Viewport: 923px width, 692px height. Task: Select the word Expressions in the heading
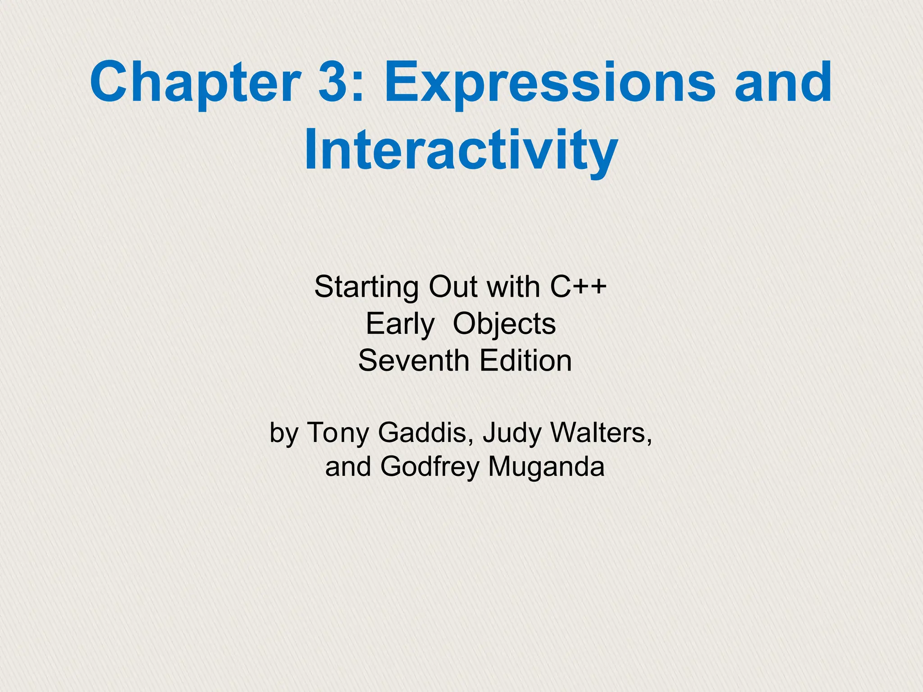[x=549, y=84]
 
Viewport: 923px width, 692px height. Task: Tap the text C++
[x=578, y=287]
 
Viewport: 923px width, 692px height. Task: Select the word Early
[x=400, y=324]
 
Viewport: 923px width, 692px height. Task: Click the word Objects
[x=504, y=324]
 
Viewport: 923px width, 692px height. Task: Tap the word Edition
[x=525, y=361]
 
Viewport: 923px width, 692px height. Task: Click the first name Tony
[x=338, y=433]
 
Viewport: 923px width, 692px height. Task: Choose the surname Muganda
[x=546, y=467]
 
